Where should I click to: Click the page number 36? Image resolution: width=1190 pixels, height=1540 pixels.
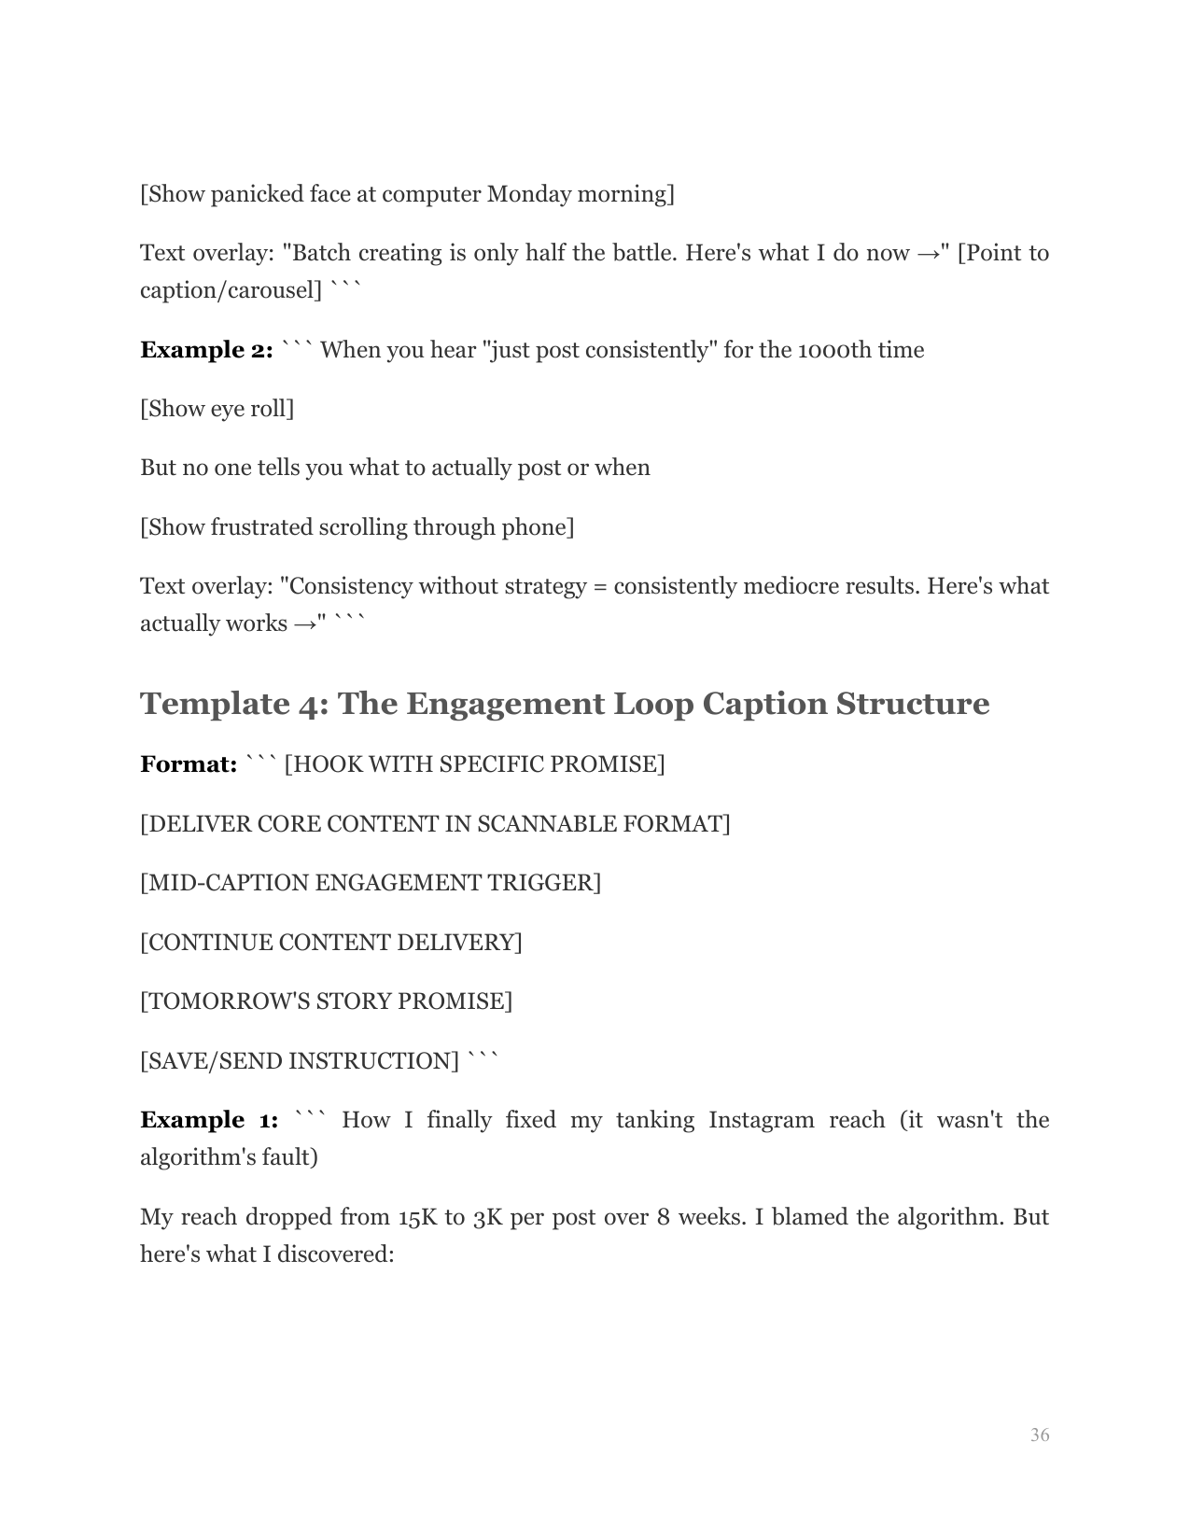[x=1039, y=1435]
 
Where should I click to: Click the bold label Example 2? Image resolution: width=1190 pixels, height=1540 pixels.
[x=206, y=350]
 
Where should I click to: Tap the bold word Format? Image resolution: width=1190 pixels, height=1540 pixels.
[x=189, y=764]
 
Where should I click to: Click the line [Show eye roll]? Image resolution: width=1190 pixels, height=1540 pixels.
[x=217, y=409]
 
